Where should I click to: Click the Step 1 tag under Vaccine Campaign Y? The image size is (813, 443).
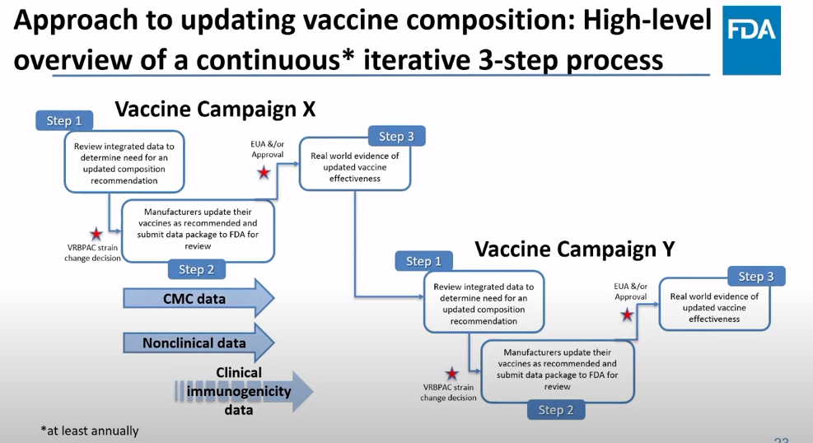click(x=423, y=261)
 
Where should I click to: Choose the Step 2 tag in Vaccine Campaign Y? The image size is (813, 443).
click(x=555, y=409)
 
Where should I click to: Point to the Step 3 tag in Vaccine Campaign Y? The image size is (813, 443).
click(x=755, y=277)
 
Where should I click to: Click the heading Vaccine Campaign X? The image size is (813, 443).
click(x=215, y=109)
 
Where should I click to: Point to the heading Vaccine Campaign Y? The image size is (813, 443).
click(x=575, y=249)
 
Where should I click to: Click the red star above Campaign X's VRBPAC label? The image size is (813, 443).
click(x=96, y=234)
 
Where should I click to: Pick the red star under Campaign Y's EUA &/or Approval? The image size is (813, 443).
click(x=627, y=315)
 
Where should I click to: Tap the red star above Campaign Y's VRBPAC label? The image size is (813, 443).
click(x=451, y=374)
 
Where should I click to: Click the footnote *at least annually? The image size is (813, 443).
click(x=90, y=431)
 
